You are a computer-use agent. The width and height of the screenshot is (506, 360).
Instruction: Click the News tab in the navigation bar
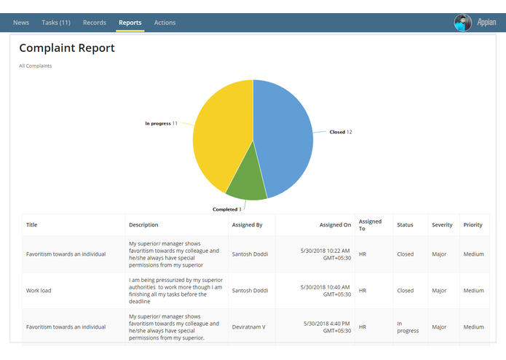pos(21,23)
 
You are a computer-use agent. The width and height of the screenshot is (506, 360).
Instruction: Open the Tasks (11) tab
pos(56,23)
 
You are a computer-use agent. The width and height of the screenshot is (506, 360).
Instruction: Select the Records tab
pos(95,23)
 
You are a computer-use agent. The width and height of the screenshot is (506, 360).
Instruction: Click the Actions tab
pos(165,23)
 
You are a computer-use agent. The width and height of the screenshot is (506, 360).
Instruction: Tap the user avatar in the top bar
pos(462,23)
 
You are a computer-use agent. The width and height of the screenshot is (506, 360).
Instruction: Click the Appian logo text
pos(487,23)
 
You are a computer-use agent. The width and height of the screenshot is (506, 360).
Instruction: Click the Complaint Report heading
pos(67,48)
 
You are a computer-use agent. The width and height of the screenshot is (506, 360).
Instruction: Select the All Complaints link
pos(36,66)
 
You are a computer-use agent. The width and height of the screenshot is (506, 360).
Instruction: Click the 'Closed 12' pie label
pos(341,132)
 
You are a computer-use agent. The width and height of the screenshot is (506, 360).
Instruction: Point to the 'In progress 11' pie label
pos(161,124)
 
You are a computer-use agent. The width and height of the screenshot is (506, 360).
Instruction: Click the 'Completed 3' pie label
pos(226,209)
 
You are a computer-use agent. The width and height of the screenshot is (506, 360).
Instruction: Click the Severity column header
pos(442,225)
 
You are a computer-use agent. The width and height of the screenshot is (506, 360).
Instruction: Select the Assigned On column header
pos(335,225)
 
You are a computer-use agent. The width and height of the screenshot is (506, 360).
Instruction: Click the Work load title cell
pos(39,291)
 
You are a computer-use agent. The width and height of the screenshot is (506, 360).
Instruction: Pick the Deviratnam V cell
pos(248,327)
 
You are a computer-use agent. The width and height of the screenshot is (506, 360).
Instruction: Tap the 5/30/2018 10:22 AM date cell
pos(325,254)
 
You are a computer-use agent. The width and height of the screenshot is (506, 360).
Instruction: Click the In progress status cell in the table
pos(408,327)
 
